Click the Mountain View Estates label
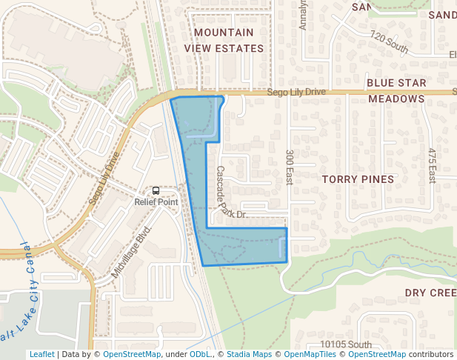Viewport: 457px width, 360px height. [229, 40]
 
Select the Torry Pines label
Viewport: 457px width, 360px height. [358, 179]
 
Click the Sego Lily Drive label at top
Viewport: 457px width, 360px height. [296, 92]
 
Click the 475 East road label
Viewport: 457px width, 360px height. [432, 165]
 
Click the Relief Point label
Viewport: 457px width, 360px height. [156, 201]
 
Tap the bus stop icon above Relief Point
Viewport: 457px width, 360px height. [156, 190]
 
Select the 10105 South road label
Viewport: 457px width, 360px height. [346, 344]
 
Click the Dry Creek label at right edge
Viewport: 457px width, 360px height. [430, 293]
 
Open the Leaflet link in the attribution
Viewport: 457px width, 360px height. [41, 354]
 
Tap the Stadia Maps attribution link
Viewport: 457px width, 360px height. [249, 354]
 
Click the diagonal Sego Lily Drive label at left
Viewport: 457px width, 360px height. [104, 179]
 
